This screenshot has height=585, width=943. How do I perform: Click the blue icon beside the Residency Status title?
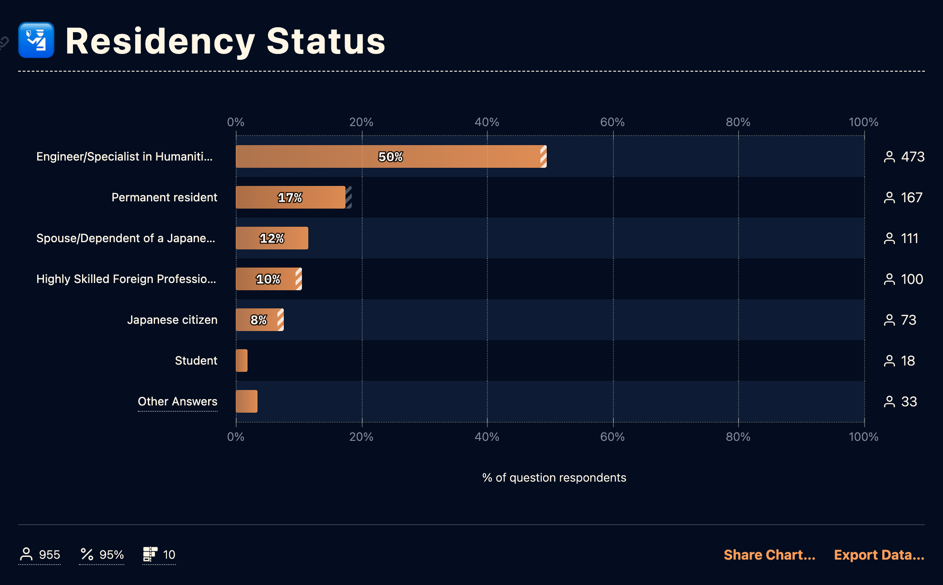click(x=36, y=40)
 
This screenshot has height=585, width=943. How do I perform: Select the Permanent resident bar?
click(x=290, y=197)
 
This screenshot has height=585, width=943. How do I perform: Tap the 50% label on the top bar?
click(x=390, y=157)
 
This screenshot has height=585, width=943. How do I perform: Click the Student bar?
click(x=242, y=361)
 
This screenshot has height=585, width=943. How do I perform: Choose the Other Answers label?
click(x=177, y=401)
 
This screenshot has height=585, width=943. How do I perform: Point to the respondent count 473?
click(x=912, y=157)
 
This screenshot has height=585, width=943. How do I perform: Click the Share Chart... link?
click(x=769, y=555)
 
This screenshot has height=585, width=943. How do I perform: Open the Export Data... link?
click(x=879, y=555)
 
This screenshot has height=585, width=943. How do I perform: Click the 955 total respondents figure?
click(x=49, y=555)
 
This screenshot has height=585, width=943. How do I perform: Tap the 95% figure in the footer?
click(x=111, y=555)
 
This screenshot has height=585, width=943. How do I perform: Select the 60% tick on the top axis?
click(x=612, y=122)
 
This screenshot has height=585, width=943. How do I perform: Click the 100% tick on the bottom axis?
click(x=863, y=437)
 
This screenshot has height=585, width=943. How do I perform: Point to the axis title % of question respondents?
click(x=554, y=478)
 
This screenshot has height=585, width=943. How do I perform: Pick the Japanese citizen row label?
click(x=172, y=320)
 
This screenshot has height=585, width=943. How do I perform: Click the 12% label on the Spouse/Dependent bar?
click(x=272, y=239)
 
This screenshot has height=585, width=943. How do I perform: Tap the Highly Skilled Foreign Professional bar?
click(x=268, y=279)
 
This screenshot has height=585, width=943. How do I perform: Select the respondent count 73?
click(x=908, y=320)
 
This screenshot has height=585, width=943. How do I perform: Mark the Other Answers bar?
click(x=247, y=401)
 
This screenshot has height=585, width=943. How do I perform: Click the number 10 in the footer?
click(x=169, y=555)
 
